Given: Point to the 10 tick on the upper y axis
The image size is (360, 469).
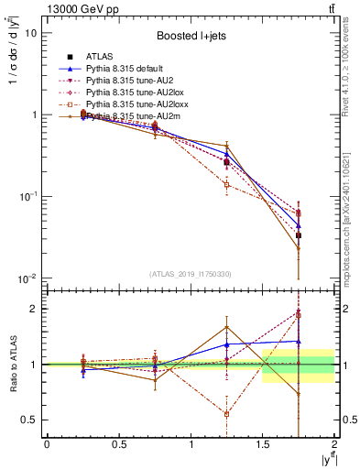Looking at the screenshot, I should click(30, 33).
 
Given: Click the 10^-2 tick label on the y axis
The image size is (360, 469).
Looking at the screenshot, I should click(27, 278).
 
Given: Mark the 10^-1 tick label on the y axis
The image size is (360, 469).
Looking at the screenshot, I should click(27, 197).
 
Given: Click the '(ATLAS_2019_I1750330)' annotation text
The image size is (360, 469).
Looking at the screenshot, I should click(191, 274).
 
